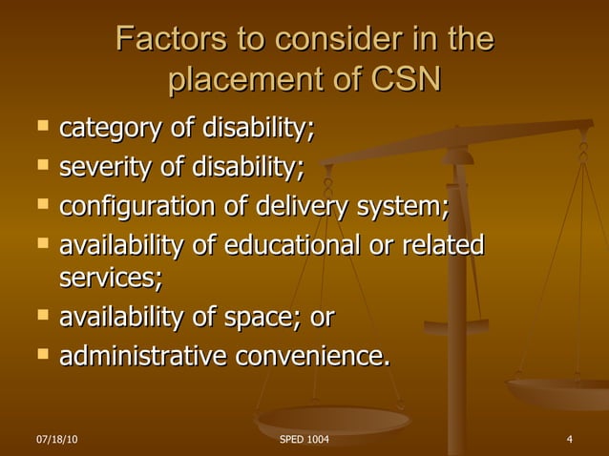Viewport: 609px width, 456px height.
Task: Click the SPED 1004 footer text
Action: click(x=304, y=439)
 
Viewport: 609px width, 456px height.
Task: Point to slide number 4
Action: click(x=569, y=439)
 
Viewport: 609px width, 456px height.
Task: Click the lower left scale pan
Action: click(x=332, y=421)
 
